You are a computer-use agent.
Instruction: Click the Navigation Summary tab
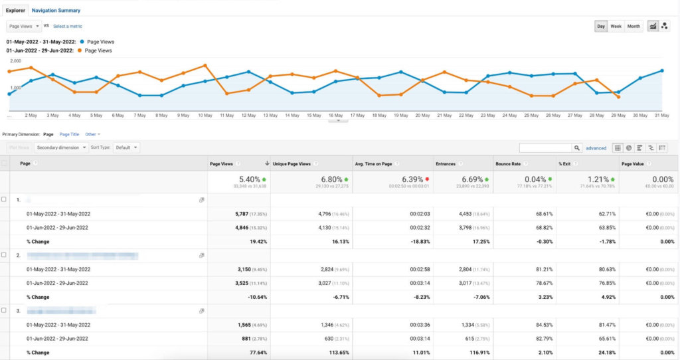(56, 11)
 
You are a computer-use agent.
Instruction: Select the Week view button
(616, 26)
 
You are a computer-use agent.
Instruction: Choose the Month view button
(634, 26)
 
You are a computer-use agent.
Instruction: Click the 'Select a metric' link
(68, 26)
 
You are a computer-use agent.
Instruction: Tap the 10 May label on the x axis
(205, 115)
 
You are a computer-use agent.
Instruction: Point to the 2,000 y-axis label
(15, 60)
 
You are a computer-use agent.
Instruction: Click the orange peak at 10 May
(205, 65)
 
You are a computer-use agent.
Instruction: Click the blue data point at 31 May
(662, 70)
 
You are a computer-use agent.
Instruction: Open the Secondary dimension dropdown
(61, 147)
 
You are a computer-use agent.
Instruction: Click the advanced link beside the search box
(596, 148)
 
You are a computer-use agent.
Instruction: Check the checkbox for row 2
(4, 254)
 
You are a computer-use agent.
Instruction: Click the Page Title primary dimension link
(69, 134)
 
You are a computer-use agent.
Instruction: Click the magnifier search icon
(577, 148)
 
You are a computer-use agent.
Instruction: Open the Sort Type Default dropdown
(126, 147)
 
